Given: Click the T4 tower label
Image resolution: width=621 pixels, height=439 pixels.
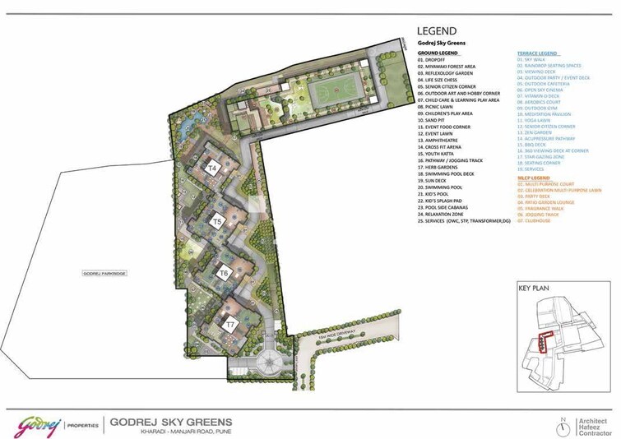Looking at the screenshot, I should [212, 168].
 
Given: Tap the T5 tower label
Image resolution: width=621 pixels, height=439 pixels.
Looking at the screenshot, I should [217, 222].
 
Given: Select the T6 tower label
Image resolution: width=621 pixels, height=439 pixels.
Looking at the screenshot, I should [223, 272].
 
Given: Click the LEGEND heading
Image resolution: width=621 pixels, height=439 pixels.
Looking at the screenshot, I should [444, 32].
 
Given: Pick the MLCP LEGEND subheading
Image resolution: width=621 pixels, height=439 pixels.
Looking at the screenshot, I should [532, 178].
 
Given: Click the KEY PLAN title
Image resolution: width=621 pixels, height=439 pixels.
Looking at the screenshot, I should [534, 289].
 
